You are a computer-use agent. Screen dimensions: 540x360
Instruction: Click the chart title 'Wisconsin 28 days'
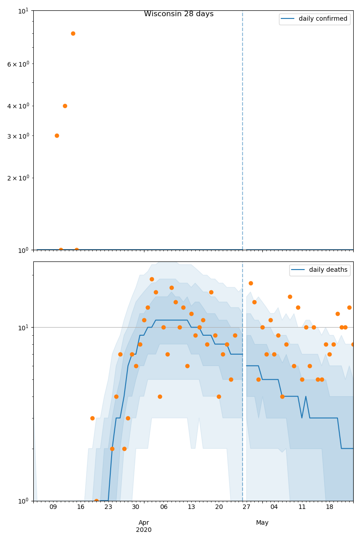[179, 14]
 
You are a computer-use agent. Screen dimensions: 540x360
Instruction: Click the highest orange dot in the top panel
[73, 33]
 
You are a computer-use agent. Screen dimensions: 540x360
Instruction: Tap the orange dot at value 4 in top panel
[65, 106]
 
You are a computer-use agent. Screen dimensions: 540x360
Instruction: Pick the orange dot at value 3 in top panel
[57, 135]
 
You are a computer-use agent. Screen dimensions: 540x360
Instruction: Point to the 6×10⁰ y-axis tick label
[18, 64]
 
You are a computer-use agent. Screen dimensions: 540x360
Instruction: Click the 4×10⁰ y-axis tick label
[18, 106]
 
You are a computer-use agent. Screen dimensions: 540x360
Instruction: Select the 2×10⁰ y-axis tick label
[18, 178]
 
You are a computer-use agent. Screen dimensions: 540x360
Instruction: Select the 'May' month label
[262, 523]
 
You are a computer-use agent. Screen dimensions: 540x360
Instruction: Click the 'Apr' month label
[144, 523]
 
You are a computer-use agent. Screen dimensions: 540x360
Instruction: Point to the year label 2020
[144, 530]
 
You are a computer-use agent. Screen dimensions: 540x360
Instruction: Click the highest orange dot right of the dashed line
[251, 283]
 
